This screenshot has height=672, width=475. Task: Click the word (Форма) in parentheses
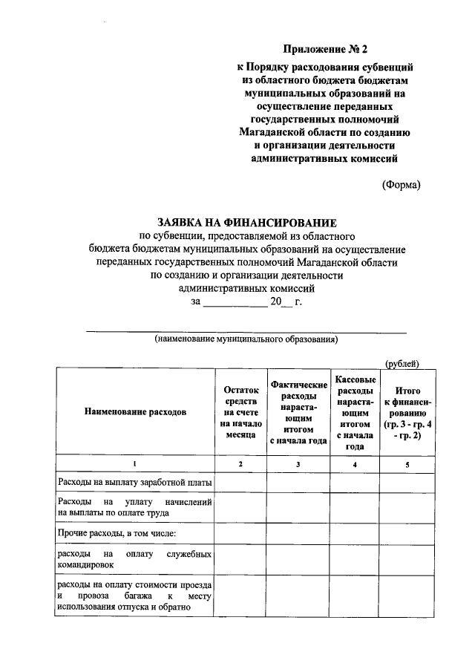(400, 185)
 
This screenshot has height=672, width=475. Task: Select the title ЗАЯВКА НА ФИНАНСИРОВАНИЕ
(247, 222)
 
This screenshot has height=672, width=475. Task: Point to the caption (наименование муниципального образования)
(246, 340)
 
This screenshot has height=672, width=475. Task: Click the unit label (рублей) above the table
(402, 363)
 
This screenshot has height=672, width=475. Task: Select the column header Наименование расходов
(135, 411)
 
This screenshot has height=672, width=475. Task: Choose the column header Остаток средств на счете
(240, 411)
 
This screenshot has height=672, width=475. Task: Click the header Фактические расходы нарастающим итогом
(298, 411)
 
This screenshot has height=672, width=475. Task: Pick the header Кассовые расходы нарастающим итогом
(355, 411)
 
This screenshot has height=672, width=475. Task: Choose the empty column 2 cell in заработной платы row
(240, 483)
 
